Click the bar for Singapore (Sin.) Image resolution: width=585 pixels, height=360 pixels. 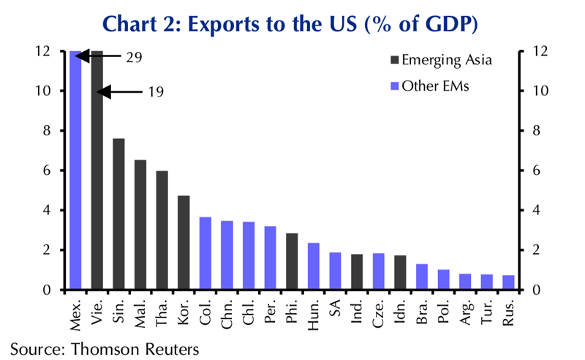(x=119, y=214)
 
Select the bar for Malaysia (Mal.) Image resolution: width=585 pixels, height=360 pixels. (x=140, y=225)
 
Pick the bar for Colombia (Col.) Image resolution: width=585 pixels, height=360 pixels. (x=205, y=253)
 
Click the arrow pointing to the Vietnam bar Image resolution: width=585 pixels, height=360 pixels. (x=121, y=92)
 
